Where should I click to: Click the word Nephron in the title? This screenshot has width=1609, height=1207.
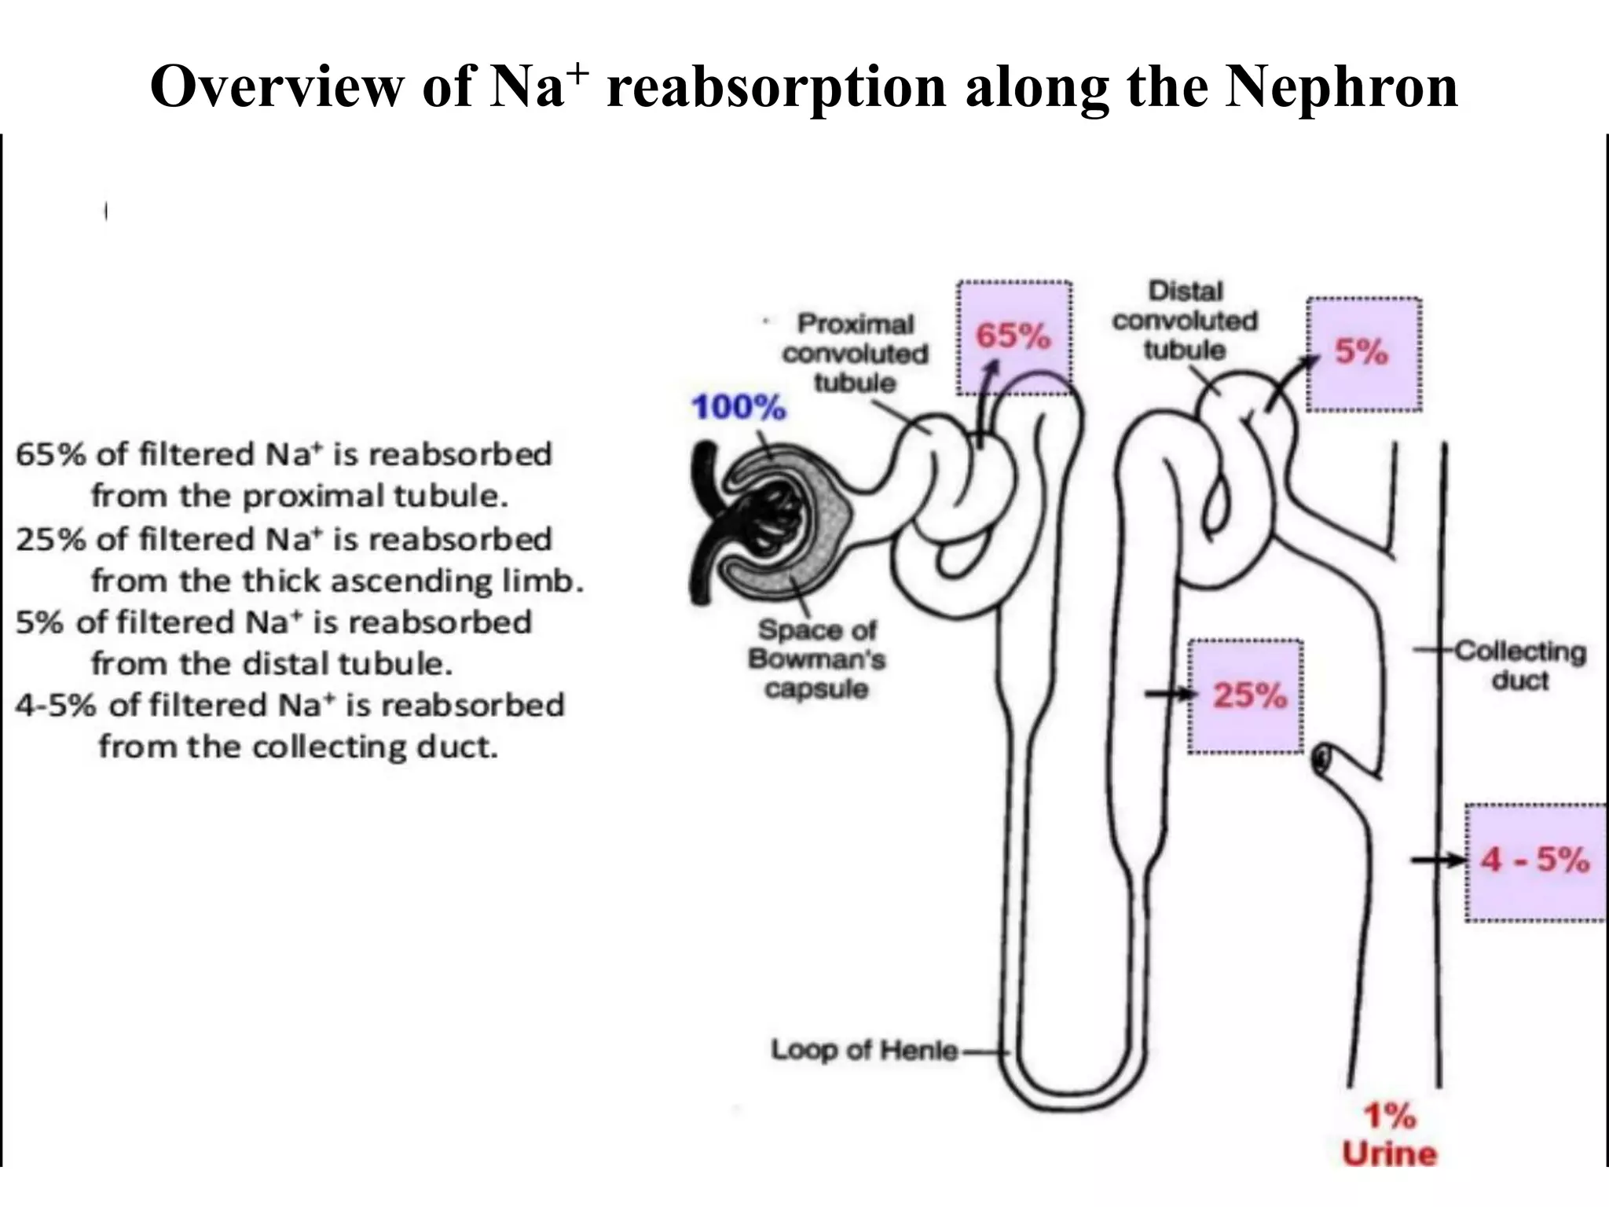1341,86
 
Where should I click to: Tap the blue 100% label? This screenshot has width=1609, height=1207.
738,408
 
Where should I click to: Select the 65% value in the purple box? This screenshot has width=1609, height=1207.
1013,336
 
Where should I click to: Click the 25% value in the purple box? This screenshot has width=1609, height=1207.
1249,695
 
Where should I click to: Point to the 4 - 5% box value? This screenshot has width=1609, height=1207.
1534,859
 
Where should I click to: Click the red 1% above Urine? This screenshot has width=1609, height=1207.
1389,1116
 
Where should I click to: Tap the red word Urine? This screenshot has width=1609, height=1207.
1389,1154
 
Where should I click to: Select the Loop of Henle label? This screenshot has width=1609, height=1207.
864,1050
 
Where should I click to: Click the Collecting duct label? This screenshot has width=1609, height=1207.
1519,666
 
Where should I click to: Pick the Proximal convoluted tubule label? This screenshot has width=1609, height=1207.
855,353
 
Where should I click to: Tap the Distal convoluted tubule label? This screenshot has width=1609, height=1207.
1185,321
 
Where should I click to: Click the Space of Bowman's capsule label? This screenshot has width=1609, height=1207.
817,659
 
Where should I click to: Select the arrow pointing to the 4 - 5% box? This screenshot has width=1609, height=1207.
1438,860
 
